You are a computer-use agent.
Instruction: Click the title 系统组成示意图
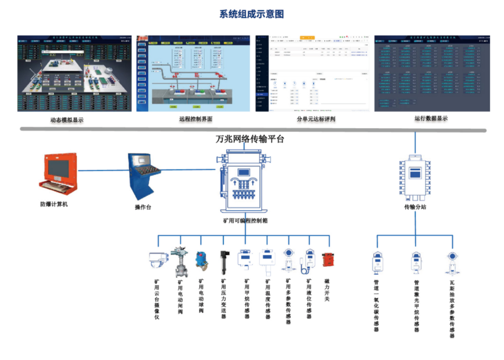[252, 14]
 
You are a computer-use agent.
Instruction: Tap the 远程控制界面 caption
[195, 119]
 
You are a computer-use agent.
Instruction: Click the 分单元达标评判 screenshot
[312, 73]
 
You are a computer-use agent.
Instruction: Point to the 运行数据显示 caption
[431, 119]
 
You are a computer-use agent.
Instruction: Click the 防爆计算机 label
[54, 204]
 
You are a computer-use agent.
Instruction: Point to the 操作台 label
[143, 207]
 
